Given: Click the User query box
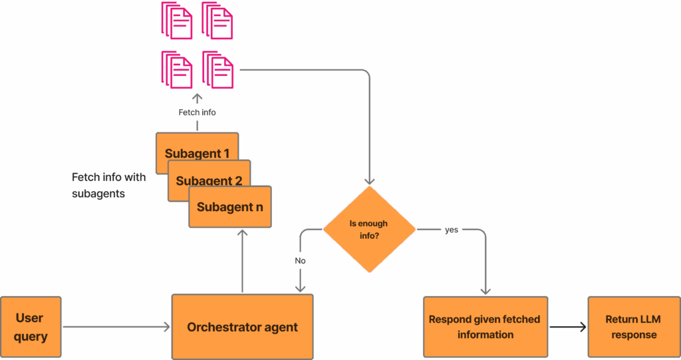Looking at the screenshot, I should point(31,327).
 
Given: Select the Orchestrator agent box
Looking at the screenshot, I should point(242,327).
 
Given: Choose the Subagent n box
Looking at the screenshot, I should point(229,207).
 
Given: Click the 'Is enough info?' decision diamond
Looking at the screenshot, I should point(369,230).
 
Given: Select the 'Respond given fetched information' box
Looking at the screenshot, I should point(485,327).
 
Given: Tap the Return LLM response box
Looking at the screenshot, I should point(634,327).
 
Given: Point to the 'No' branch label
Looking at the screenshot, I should point(301,261).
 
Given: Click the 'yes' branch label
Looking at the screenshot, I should point(452,230).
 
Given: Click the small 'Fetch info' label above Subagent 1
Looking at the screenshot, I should point(197,112).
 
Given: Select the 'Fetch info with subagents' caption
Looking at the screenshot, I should point(108,186).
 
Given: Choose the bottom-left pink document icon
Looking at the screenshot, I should point(176,69).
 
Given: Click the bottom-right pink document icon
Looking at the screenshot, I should point(217,69).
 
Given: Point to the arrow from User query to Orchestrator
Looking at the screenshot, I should point(116,327).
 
